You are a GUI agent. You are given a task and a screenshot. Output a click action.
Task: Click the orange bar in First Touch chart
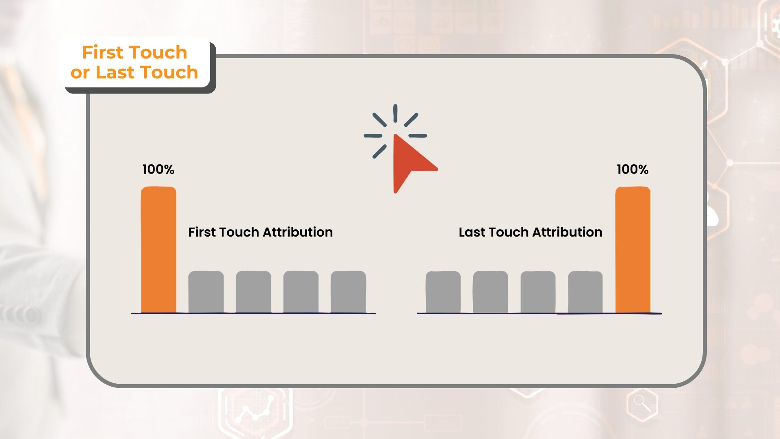point(158,250)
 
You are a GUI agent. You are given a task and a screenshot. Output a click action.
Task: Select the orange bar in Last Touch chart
point(633,250)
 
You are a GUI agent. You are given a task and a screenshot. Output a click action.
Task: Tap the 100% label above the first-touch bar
point(158,169)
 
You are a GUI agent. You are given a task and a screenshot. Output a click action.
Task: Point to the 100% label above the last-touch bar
point(632,169)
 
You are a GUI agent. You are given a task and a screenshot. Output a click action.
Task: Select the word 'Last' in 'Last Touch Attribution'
point(472,232)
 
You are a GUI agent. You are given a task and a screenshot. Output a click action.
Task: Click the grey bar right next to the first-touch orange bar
point(206,292)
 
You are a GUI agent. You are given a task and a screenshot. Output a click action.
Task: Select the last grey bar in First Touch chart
point(348,292)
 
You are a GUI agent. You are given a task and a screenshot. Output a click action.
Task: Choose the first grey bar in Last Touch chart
point(443,292)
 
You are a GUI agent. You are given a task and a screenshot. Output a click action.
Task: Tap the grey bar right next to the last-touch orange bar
point(585,292)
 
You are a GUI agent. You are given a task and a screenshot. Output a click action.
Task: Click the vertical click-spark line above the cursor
point(395,113)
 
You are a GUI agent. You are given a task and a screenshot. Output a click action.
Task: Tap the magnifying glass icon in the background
point(642,403)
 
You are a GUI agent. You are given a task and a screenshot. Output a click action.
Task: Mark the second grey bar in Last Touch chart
point(490,292)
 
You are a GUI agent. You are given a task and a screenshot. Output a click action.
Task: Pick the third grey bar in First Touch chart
point(301,292)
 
